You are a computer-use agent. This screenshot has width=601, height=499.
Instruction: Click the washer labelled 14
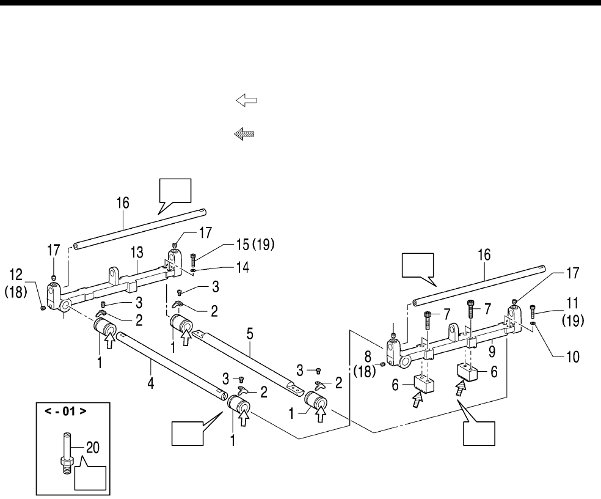[193, 268]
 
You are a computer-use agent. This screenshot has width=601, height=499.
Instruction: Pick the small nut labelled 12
[42, 308]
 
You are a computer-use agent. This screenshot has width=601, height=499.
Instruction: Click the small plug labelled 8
[382, 364]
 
